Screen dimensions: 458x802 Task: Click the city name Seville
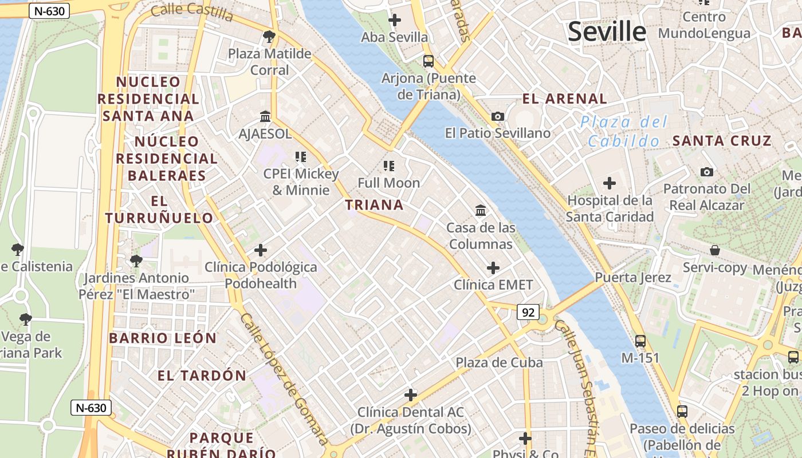click(x=607, y=31)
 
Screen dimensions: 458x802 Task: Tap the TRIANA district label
click(x=374, y=205)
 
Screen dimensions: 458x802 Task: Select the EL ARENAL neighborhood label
click(x=564, y=98)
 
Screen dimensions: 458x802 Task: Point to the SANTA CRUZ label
click(x=722, y=141)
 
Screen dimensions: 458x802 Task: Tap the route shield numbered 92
click(x=528, y=312)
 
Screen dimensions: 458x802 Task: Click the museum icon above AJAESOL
click(x=265, y=116)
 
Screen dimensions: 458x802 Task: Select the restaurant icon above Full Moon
click(x=389, y=166)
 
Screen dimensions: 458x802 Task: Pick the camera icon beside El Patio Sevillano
click(x=498, y=116)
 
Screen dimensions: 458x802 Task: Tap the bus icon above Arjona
click(x=428, y=61)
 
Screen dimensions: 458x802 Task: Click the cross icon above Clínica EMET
click(x=493, y=267)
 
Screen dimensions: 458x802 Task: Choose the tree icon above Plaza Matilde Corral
click(x=269, y=37)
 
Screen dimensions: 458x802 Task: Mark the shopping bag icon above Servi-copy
click(x=714, y=250)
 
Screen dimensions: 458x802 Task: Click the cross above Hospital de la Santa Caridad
click(x=610, y=183)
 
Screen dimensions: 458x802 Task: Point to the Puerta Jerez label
click(x=633, y=278)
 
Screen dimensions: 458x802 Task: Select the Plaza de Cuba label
click(x=499, y=362)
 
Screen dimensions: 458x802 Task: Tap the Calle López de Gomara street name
click(x=284, y=378)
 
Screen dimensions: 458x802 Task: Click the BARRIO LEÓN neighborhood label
click(x=163, y=338)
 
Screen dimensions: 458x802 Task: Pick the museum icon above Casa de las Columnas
click(x=481, y=211)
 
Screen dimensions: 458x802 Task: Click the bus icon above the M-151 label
click(x=640, y=341)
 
